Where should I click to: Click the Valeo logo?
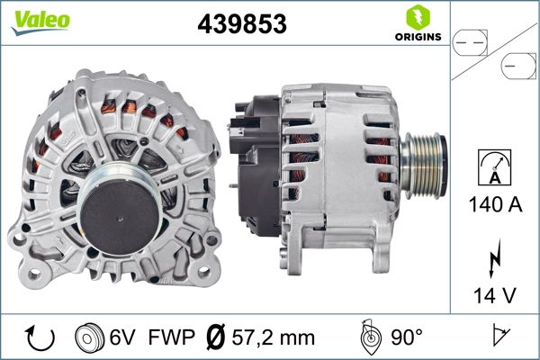[40, 22]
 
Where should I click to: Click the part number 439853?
[242, 23]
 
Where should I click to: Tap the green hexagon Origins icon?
[418, 17]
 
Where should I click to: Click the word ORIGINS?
[418, 37]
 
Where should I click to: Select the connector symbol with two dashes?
[470, 43]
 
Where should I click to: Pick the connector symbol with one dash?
[518, 66]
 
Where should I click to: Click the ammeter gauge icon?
[494, 167]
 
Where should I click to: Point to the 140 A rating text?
[495, 204]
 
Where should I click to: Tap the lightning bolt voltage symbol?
[495, 258]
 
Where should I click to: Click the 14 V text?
[495, 295]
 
